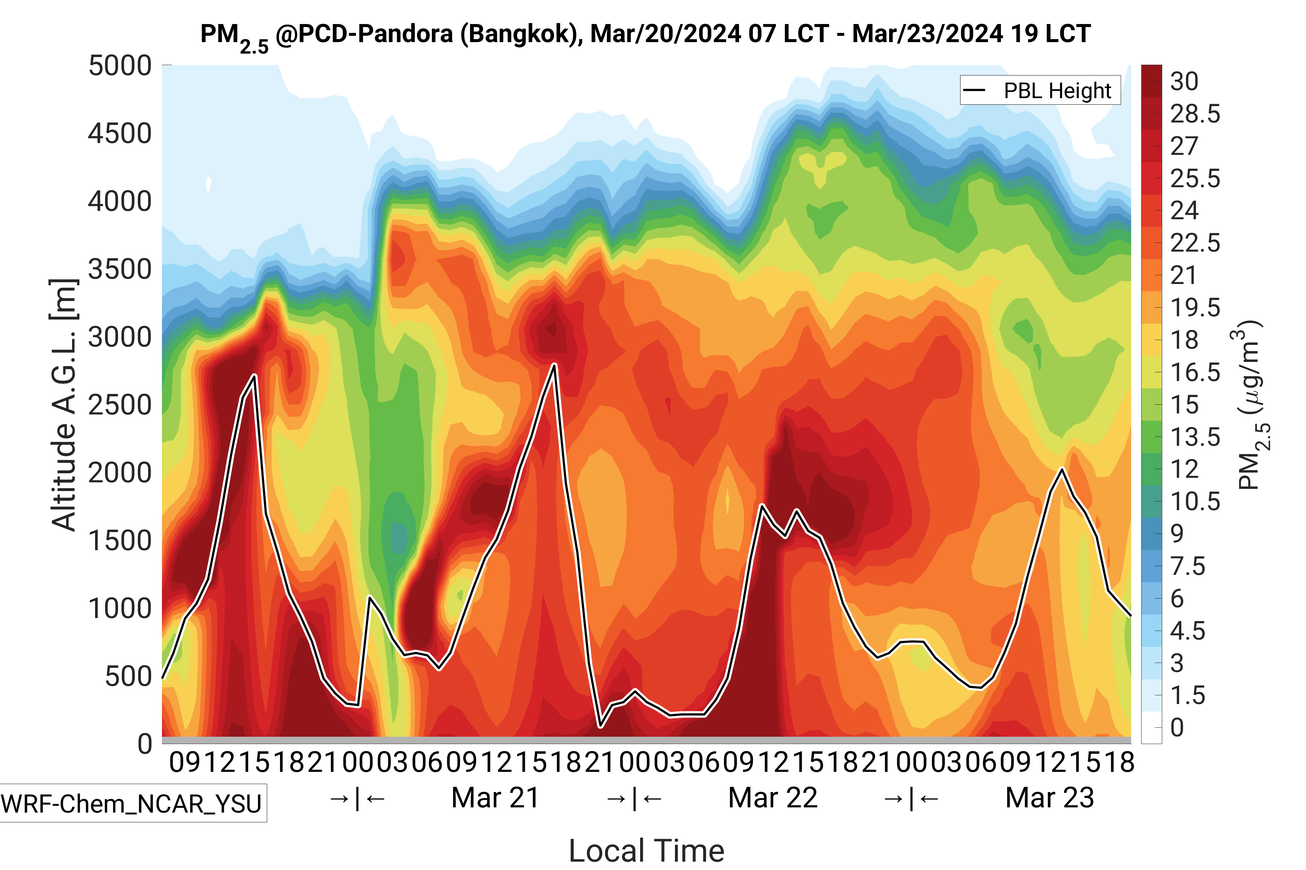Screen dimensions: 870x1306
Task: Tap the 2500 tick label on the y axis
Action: [120, 405]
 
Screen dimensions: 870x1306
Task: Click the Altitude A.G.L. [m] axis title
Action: [64, 405]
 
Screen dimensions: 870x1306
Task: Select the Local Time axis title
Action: [646, 851]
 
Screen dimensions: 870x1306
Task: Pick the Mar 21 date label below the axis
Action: [495, 798]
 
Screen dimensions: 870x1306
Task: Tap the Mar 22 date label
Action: [772, 798]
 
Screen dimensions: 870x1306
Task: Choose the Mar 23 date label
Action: [1049, 798]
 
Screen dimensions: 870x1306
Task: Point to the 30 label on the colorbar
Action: [1184, 81]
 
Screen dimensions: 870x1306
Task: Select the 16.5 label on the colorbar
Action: [1195, 372]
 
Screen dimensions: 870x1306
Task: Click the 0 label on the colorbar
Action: [1177, 727]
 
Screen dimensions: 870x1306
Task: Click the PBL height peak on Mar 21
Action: [554, 365]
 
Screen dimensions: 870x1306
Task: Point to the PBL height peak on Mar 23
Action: [1062, 469]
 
